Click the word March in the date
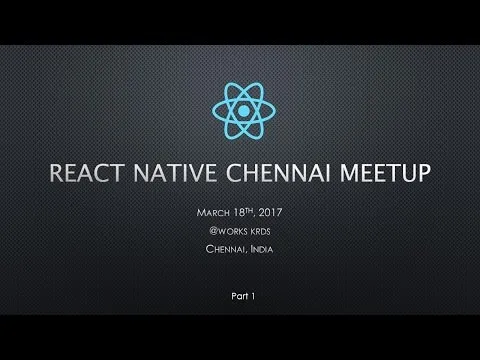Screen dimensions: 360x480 tap(212, 211)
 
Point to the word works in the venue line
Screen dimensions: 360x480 tap(232, 229)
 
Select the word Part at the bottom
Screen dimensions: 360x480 tap(235, 297)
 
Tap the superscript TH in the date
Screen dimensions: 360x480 tap(254, 209)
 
